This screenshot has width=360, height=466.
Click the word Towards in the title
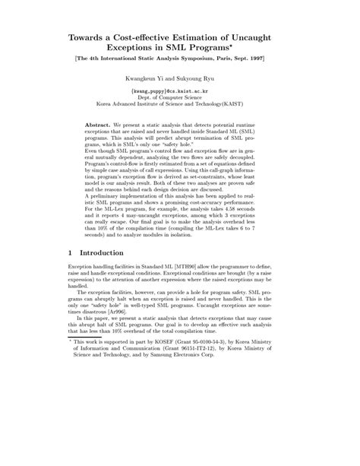tap(93, 36)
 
